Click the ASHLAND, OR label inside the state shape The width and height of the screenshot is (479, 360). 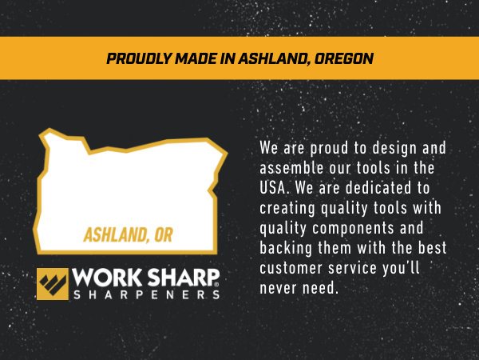pyautogui.click(x=128, y=236)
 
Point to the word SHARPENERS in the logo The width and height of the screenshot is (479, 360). pyautogui.click(x=145, y=294)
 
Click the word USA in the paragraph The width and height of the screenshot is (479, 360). pyautogui.click(x=274, y=188)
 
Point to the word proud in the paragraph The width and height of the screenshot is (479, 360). pyautogui.click(x=327, y=149)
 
